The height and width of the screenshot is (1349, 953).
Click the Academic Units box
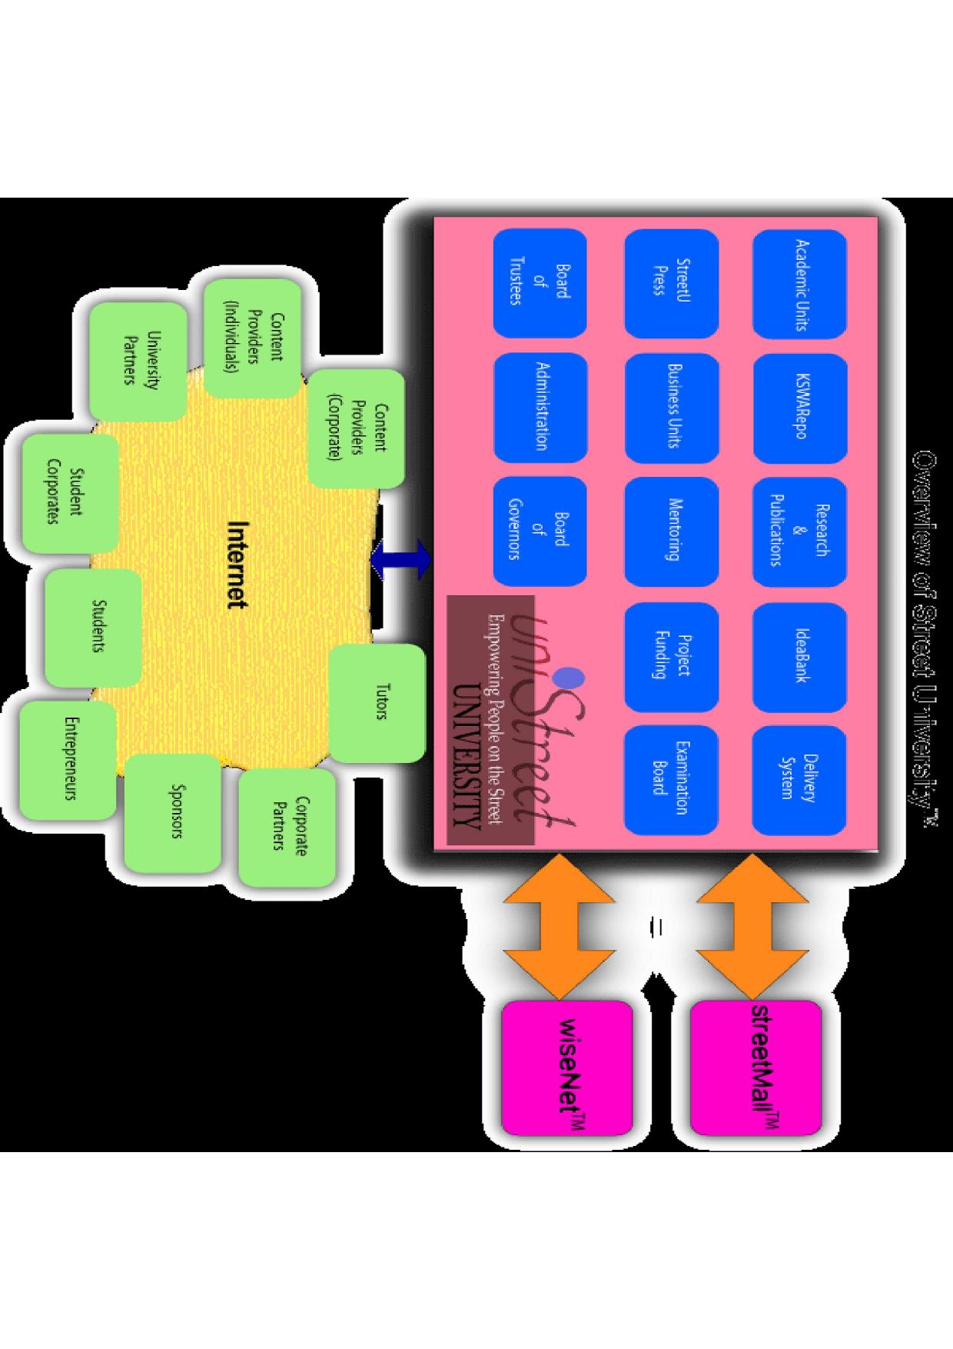799,285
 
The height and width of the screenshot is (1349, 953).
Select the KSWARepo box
799,408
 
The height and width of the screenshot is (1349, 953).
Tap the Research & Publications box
799,533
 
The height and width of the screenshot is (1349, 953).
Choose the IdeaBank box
799,657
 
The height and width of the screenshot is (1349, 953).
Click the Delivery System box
799,780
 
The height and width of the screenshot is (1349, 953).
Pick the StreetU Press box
671,285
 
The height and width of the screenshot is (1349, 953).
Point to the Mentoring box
671,533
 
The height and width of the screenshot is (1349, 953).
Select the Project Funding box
671,657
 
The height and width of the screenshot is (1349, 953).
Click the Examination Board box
671,780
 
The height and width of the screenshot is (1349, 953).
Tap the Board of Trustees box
540,285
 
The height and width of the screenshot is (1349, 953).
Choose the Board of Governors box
540,533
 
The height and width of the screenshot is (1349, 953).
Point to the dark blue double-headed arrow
401,558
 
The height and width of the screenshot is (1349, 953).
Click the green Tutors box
377,702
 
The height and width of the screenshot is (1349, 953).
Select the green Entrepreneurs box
68,760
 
